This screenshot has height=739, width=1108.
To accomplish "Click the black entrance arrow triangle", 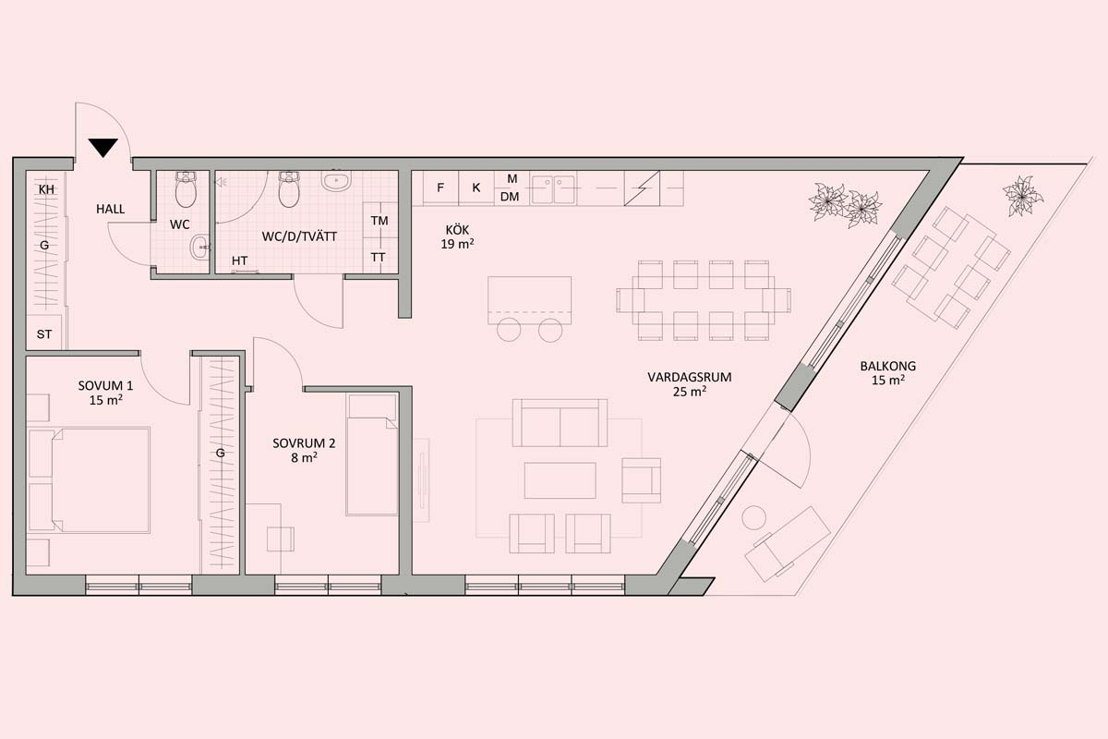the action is pos(103,148).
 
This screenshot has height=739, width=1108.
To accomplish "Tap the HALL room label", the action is pos(110,210).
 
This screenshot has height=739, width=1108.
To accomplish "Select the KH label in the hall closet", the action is pos(46,189).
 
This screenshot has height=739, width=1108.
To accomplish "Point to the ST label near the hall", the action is pos(44,334).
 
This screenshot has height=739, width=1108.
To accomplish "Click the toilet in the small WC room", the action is pos(186,189).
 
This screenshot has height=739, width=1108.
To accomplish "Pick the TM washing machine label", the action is pos(379,221).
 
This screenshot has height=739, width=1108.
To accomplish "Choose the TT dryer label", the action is pos(379,258).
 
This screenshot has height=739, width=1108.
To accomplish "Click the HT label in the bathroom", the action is pos(240,260).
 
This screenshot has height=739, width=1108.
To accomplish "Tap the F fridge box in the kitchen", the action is pos(440,188).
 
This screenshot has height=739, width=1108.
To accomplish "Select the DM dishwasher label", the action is pos(510,197).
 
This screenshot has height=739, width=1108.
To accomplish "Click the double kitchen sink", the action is pos(553,188).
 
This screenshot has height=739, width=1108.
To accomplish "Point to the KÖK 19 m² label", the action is pos(458,237).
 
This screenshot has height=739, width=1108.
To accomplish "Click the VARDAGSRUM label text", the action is pos(690,377).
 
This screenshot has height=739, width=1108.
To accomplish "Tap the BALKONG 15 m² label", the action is pos(888,373).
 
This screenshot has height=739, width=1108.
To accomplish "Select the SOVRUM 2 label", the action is pos(304,451).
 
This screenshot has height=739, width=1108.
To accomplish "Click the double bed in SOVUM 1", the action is pos(90,480).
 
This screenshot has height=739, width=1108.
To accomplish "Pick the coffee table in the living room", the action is pos(560,480).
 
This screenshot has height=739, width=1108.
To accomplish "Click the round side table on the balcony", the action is pos(753,518).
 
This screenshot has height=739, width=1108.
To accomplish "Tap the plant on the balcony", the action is pos(1022,196).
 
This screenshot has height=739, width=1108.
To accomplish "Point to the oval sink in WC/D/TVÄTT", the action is pos(336,181).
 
